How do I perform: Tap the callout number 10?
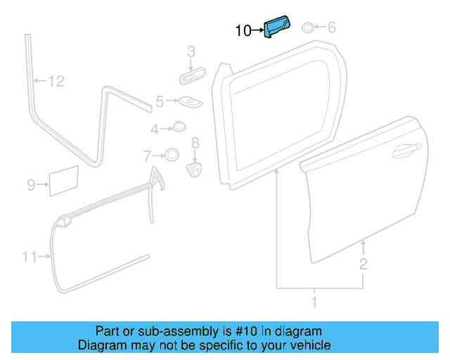pos(243,30)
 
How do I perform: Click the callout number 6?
pos(332,27)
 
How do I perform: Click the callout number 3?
pos(191,51)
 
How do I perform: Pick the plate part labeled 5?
pos(188,102)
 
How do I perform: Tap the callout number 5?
pos(160,102)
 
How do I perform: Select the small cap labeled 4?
pos(179,127)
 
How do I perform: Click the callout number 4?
pos(154,129)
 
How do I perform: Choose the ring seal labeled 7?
pos(171,155)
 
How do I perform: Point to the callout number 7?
pos(147,155)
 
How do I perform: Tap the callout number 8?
pos(195,143)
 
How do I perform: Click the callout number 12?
pos(56,82)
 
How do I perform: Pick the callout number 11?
pos(28,257)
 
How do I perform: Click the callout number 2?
pos(363,264)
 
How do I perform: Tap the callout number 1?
pos(314,302)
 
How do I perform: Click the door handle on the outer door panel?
pos(406,148)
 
